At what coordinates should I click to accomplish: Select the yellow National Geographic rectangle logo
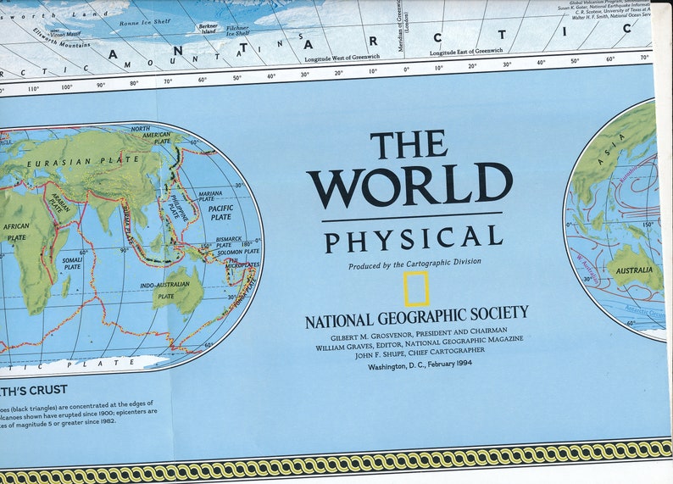(x=416, y=289)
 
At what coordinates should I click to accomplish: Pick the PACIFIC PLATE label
(x=221, y=212)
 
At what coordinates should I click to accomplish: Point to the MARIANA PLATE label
(x=210, y=197)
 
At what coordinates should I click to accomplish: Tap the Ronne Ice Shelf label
(x=146, y=22)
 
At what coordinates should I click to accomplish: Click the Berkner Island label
(x=208, y=29)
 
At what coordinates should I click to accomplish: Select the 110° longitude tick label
(x=33, y=88)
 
